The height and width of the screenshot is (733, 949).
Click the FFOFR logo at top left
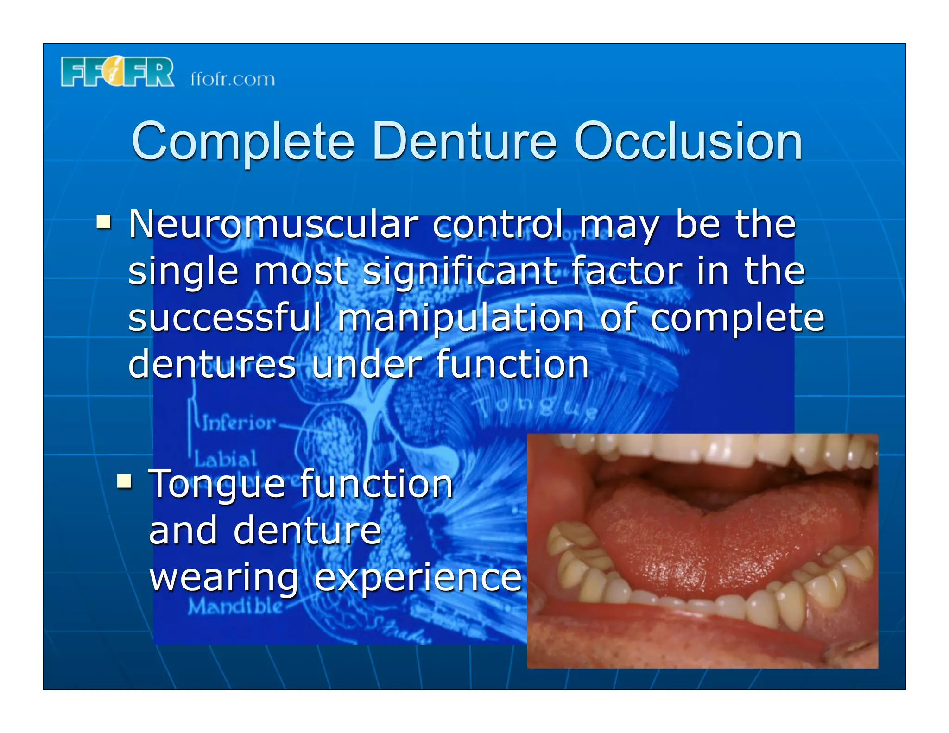click(x=117, y=72)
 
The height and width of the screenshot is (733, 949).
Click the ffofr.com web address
click(x=233, y=79)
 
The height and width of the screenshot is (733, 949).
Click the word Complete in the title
click(x=243, y=142)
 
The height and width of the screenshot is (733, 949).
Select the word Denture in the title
click(x=464, y=141)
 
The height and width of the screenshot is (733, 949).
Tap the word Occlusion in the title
click(x=688, y=142)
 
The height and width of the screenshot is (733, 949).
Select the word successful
click(x=225, y=318)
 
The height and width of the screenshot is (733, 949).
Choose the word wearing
click(x=224, y=579)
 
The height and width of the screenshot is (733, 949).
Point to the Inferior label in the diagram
click(x=238, y=423)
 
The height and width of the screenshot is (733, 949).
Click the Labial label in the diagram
click(x=225, y=459)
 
